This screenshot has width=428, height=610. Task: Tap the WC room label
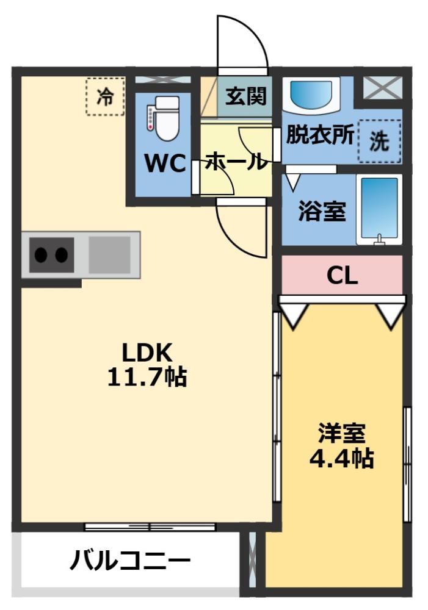pyautogui.click(x=165, y=163)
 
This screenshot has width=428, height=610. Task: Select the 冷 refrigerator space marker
pyautogui.click(x=105, y=96)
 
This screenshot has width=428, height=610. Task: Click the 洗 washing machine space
pyautogui.click(x=379, y=141)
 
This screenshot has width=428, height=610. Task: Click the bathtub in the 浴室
pyautogui.click(x=379, y=210)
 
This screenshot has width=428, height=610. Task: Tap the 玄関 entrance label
pyautogui.click(x=246, y=96)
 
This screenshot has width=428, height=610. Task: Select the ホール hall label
pyautogui.click(x=236, y=161)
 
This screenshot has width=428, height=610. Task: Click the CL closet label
pyautogui.click(x=342, y=276)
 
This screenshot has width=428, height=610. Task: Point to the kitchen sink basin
pyautogui.click(x=109, y=255)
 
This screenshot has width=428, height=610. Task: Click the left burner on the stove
pyautogui.click(x=42, y=255)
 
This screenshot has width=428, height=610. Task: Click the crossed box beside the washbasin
pyautogui.click(x=383, y=87)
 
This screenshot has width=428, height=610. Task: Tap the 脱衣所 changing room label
pyautogui.click(x=320, y=135)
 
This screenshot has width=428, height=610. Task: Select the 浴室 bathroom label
pyautogui.click(x=322, y=211)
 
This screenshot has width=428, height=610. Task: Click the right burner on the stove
pyautogui.click(x=61, y=255)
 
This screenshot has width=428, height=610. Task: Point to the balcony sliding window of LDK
pyautogui.click(x=150, y=527)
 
